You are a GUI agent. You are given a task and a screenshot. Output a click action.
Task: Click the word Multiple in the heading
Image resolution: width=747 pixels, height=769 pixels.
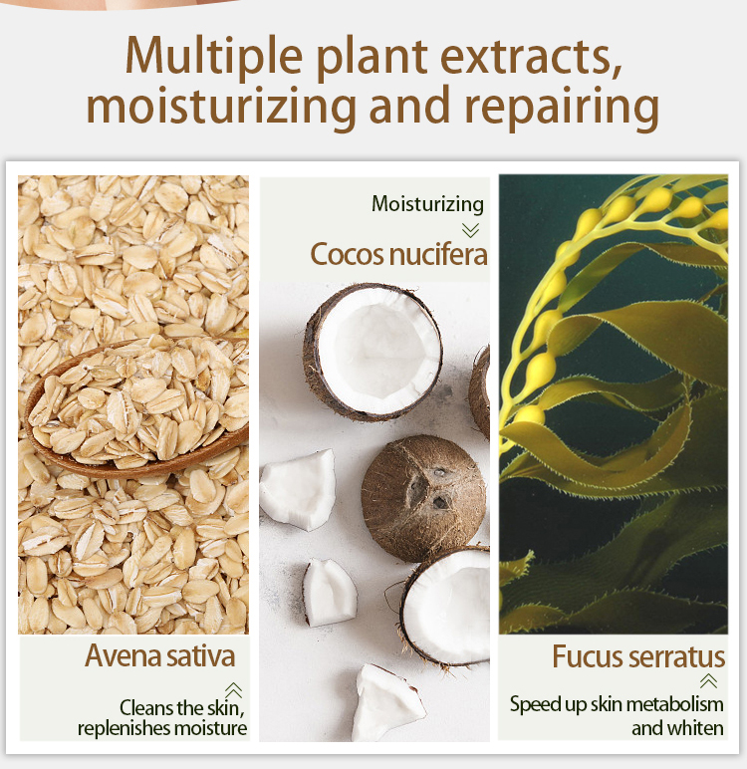pos(214,57)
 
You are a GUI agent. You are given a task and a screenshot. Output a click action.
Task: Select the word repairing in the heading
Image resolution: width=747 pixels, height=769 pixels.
pos(562,108)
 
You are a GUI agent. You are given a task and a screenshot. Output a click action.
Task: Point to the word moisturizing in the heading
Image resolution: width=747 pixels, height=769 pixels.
pos(222,108)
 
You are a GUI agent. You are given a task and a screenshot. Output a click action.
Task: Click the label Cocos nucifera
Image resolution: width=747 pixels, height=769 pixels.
pos(398,254)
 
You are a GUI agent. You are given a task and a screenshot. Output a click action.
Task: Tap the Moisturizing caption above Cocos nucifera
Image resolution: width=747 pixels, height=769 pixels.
pos(427,204)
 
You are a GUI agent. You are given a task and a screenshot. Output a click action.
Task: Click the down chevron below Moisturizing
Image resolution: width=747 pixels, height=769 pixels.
pos(470,230)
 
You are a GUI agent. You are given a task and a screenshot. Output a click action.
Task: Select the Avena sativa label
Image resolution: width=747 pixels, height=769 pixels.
pos(160,655)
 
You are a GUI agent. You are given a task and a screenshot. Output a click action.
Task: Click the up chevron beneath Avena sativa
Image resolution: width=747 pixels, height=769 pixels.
pos(233,690)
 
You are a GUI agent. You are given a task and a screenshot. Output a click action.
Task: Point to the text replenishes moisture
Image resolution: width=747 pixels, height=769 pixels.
pos(162,728)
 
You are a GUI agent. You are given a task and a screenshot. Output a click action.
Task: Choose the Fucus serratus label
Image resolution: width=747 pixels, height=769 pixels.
pos(638,656)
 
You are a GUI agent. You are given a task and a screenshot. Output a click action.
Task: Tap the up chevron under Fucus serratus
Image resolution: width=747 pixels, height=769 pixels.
pos(709,680)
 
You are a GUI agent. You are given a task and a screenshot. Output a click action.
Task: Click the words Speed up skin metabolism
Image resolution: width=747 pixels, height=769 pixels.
pos(617,705)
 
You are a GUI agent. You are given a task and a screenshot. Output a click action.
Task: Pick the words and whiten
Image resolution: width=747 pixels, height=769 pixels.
pos(677,728)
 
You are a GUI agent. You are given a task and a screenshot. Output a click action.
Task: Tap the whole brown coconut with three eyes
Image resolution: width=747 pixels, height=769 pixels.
pos(423,497)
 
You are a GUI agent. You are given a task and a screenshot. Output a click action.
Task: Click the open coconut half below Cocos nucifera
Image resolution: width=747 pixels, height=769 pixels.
pos(373,352)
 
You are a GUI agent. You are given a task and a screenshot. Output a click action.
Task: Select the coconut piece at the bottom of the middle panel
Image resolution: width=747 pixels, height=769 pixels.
pos(387,702)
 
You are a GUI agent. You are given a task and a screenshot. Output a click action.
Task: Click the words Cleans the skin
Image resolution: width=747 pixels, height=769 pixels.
pos(182,708)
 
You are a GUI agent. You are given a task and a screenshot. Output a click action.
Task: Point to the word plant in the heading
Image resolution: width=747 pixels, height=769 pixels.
pos(373,59)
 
